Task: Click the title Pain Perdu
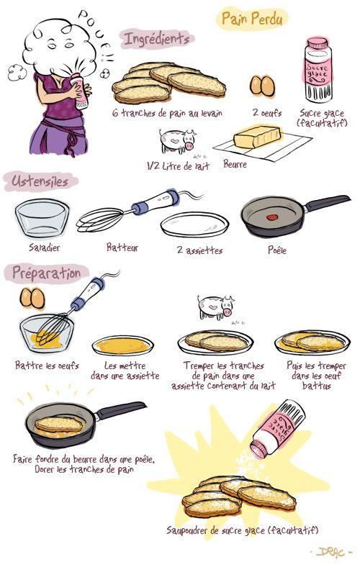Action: point(252,19)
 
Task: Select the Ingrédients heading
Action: point(156,39)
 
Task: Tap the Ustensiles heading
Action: point(40,181)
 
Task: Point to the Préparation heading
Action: point(46,273)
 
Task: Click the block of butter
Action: point(257,137)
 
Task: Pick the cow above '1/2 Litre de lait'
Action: point(177,140)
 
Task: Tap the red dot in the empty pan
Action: point(272,217)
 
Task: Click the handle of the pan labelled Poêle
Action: point(327,203)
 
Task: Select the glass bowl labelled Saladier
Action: point(42,219)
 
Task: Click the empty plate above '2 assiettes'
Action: point(194,224)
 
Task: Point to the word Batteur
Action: point(122,248)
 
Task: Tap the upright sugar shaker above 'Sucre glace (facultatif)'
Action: point(318,70)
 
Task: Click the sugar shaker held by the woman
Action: point(81,91)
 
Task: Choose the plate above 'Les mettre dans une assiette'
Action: point(122,345)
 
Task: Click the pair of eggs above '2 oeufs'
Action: point(262,86)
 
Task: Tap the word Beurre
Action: point(235,164)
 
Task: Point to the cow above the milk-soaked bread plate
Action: point(216,307)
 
